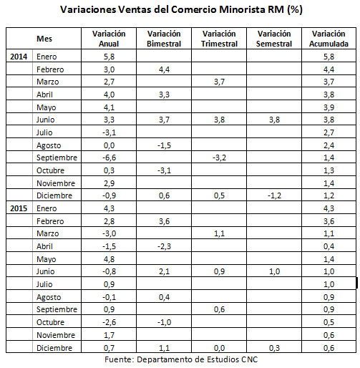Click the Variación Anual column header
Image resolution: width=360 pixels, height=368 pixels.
pos(109,39)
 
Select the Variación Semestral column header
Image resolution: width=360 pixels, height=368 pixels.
pos(274,39)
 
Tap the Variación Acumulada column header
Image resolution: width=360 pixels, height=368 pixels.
pos(329,39)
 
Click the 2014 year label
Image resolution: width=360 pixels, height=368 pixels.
pos(19,57)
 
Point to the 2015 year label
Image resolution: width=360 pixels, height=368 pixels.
pos(19,208)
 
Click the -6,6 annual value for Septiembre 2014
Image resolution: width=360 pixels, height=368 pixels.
pos(109,158)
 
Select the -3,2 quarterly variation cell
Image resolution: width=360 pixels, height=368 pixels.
pos(219,158)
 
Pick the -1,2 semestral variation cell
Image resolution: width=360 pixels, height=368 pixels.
pos(274,195)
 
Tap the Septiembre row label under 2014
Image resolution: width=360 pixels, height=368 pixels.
pos(57,158)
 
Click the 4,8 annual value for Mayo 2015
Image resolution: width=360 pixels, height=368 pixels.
pos(109,259)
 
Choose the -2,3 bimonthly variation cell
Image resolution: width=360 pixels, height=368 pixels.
pos(164,246)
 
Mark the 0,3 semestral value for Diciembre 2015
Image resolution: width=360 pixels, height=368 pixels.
pos(274,348)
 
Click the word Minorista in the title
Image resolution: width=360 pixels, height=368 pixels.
pos(242,9)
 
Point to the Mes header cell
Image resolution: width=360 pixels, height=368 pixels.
pos(44,39)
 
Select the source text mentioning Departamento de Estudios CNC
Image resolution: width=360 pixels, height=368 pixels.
pos(181,359)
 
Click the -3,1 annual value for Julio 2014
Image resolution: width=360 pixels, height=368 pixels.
pos(109,132)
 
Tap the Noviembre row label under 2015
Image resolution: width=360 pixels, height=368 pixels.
pos(56,335)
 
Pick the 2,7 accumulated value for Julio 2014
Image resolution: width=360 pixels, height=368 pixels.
pos(329,132)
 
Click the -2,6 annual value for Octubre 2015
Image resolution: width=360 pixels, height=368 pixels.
pos(109,322)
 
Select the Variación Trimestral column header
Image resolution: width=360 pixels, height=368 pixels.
pos(219,39)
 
